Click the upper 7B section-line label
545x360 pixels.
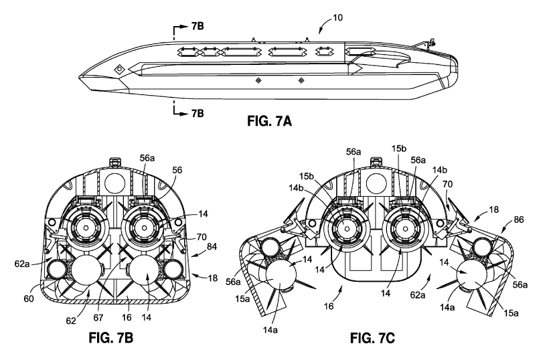198,26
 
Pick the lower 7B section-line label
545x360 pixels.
198,112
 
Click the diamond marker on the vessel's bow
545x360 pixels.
119,68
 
